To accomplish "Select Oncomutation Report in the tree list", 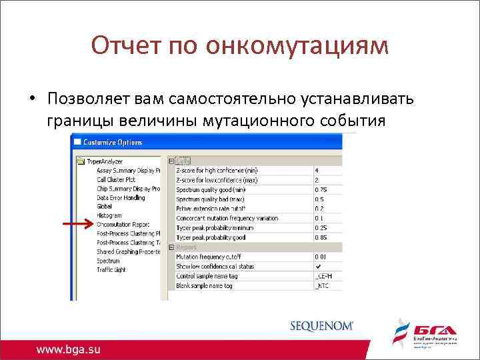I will pos(123,225).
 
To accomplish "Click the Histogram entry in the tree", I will pos(109,215).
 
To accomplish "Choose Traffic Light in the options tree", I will pos(112,270).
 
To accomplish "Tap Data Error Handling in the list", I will pos(121,197).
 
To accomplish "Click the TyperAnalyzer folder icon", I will pos(81,161).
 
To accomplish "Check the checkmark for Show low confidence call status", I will pos(318,266).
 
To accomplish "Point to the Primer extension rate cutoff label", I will pos(214,208).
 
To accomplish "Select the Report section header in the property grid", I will pos(187,247).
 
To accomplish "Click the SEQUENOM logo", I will pos(322,326).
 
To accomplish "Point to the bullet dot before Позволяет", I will pos(31,99).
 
